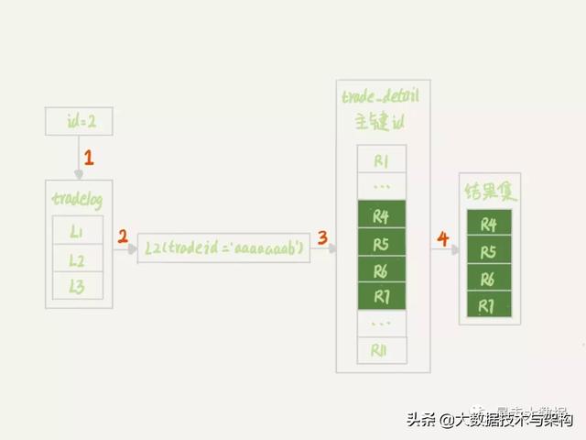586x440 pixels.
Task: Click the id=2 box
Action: tap(78, 120)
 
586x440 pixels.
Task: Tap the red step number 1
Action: tap(89, 157)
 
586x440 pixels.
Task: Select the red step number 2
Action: tap(122, 238)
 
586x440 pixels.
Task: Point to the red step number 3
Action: tap(322, 238)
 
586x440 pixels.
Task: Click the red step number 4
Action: tap(443, 239)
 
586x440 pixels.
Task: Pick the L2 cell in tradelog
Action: tap(78, 259)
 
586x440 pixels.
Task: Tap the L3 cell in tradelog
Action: tap(78, 287)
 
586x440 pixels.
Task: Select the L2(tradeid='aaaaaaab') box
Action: tap(223, 247)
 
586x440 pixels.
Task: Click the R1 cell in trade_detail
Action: tap(382, 161)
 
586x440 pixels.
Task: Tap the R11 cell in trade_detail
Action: tap(382, 349)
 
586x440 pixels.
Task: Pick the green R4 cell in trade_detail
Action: tap(382, 217)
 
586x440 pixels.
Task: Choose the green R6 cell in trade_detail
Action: tap(382, 271)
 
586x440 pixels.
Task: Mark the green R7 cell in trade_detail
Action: tap(382, 297)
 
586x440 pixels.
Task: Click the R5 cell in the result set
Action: tap(489, 251)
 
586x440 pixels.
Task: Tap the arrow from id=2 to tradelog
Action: tap(78, 158)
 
